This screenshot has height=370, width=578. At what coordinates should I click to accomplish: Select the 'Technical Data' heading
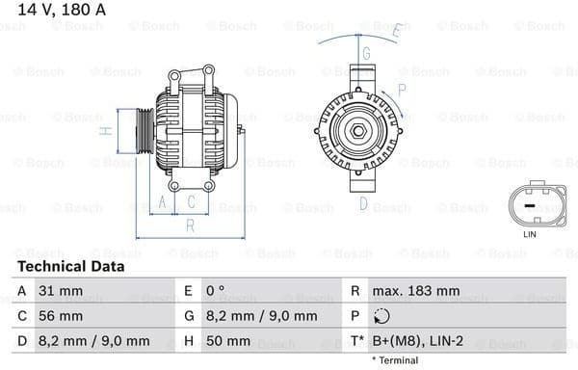pos(70,266)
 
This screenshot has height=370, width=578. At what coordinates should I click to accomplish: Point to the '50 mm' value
pos(228,341)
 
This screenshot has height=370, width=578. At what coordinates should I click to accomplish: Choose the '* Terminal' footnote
pos(395,360)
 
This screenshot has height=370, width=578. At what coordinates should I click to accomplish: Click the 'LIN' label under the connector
pos(529,234)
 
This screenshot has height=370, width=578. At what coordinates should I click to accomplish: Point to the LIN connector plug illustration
pos(529,205)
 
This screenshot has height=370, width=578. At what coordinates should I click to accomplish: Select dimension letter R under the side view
pos(190,225)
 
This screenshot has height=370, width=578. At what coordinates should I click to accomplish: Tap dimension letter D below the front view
pos(363,203)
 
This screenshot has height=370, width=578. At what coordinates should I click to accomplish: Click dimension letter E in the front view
pos(395,33)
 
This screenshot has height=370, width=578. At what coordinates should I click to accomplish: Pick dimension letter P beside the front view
pos(402,89)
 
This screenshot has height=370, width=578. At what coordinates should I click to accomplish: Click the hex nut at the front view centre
pos(356,130)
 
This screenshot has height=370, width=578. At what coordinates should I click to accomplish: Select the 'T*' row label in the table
pos(356,341)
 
